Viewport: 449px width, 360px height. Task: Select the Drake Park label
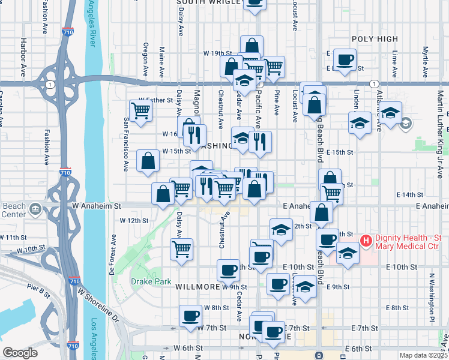151,281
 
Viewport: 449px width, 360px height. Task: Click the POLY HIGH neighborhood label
375,39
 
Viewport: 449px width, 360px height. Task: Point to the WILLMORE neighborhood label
197,287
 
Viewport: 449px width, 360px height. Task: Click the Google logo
19,353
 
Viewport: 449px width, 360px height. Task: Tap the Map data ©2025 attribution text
423,355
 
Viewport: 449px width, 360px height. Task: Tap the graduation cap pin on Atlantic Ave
390,113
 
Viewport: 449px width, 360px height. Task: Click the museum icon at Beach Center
35,209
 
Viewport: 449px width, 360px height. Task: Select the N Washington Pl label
431,296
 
